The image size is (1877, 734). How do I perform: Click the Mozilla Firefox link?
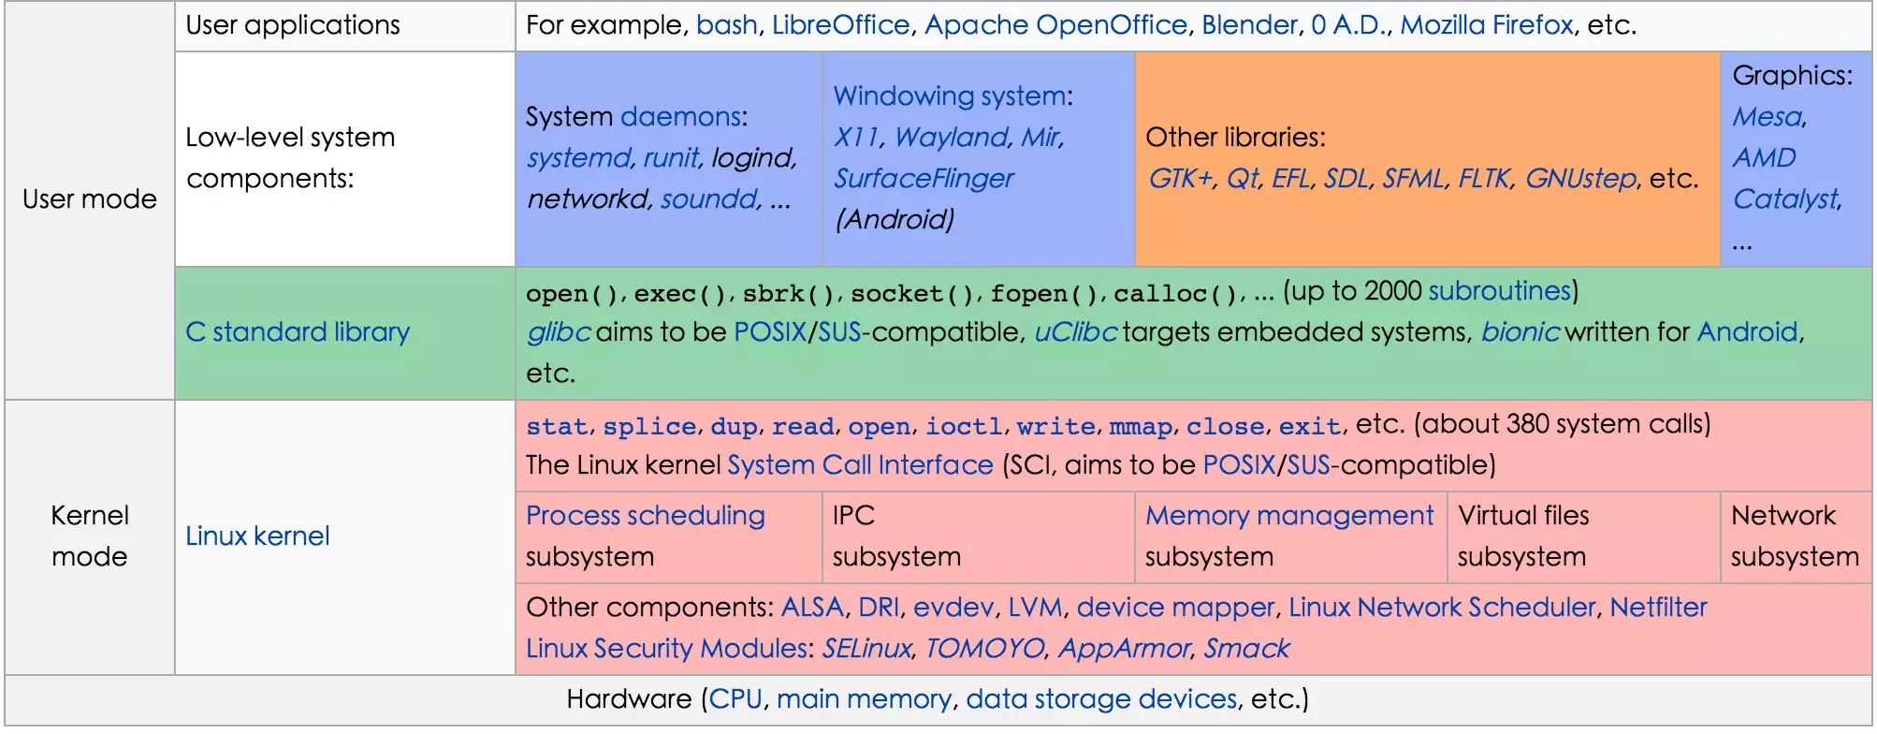(1487, 25)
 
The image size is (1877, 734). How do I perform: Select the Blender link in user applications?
(1250, 25)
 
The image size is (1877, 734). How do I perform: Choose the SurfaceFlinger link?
(924, 179)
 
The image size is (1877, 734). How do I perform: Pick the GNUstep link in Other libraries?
(1580, 179)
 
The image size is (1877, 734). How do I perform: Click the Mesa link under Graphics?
(1768, 117)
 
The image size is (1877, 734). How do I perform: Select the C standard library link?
(298, 332)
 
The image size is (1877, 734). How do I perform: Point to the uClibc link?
(1075, 332)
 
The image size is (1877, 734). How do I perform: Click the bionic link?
(1520, 332)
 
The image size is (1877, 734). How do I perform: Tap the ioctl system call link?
(964, 427)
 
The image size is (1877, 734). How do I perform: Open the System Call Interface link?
(860, 465)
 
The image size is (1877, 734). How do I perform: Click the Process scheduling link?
(646, 516)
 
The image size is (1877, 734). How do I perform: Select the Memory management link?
(1289, 516)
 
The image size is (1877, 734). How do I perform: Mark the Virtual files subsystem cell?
(1583, 536)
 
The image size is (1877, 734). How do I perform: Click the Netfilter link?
(1658, 608)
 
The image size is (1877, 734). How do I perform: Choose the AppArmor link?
(1124, 649)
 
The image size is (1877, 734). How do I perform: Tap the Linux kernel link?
(257, 536)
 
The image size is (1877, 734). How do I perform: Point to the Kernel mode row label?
(90, 536)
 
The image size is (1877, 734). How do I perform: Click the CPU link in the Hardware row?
(735, 699)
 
